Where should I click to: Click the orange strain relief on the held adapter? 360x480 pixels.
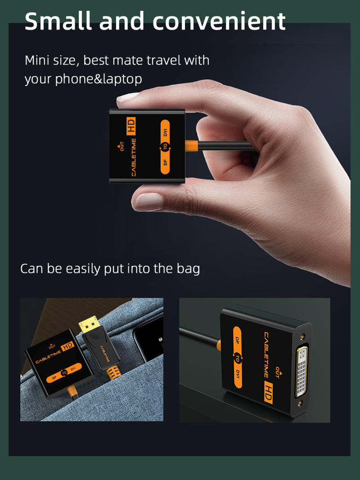191,146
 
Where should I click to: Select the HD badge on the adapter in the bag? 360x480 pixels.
67,346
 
